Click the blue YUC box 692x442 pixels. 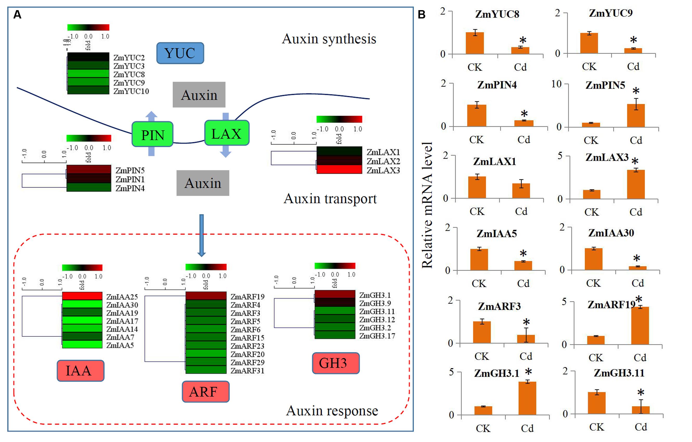[180, 53]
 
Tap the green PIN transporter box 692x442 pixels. [152, 134]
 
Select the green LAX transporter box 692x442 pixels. [226, 133]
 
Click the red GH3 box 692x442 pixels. [335, 363]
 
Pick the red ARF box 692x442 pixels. [206, 392]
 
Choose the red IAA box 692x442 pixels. [80, 371]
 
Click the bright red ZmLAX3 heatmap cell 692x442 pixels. [339, 170]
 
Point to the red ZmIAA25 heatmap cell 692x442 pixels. [82, 296]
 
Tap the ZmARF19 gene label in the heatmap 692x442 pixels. [247, 296]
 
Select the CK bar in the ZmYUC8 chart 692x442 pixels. [475, 43]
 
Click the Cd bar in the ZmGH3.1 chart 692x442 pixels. [527, 398]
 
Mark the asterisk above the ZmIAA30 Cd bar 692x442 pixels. [637, 258]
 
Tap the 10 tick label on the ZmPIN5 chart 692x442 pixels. [556, 84]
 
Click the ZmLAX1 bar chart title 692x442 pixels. [494, 161]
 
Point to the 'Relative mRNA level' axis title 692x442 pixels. [427, 205]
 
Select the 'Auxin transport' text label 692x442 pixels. [330, 198]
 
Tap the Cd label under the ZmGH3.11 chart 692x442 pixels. [641, 427]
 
